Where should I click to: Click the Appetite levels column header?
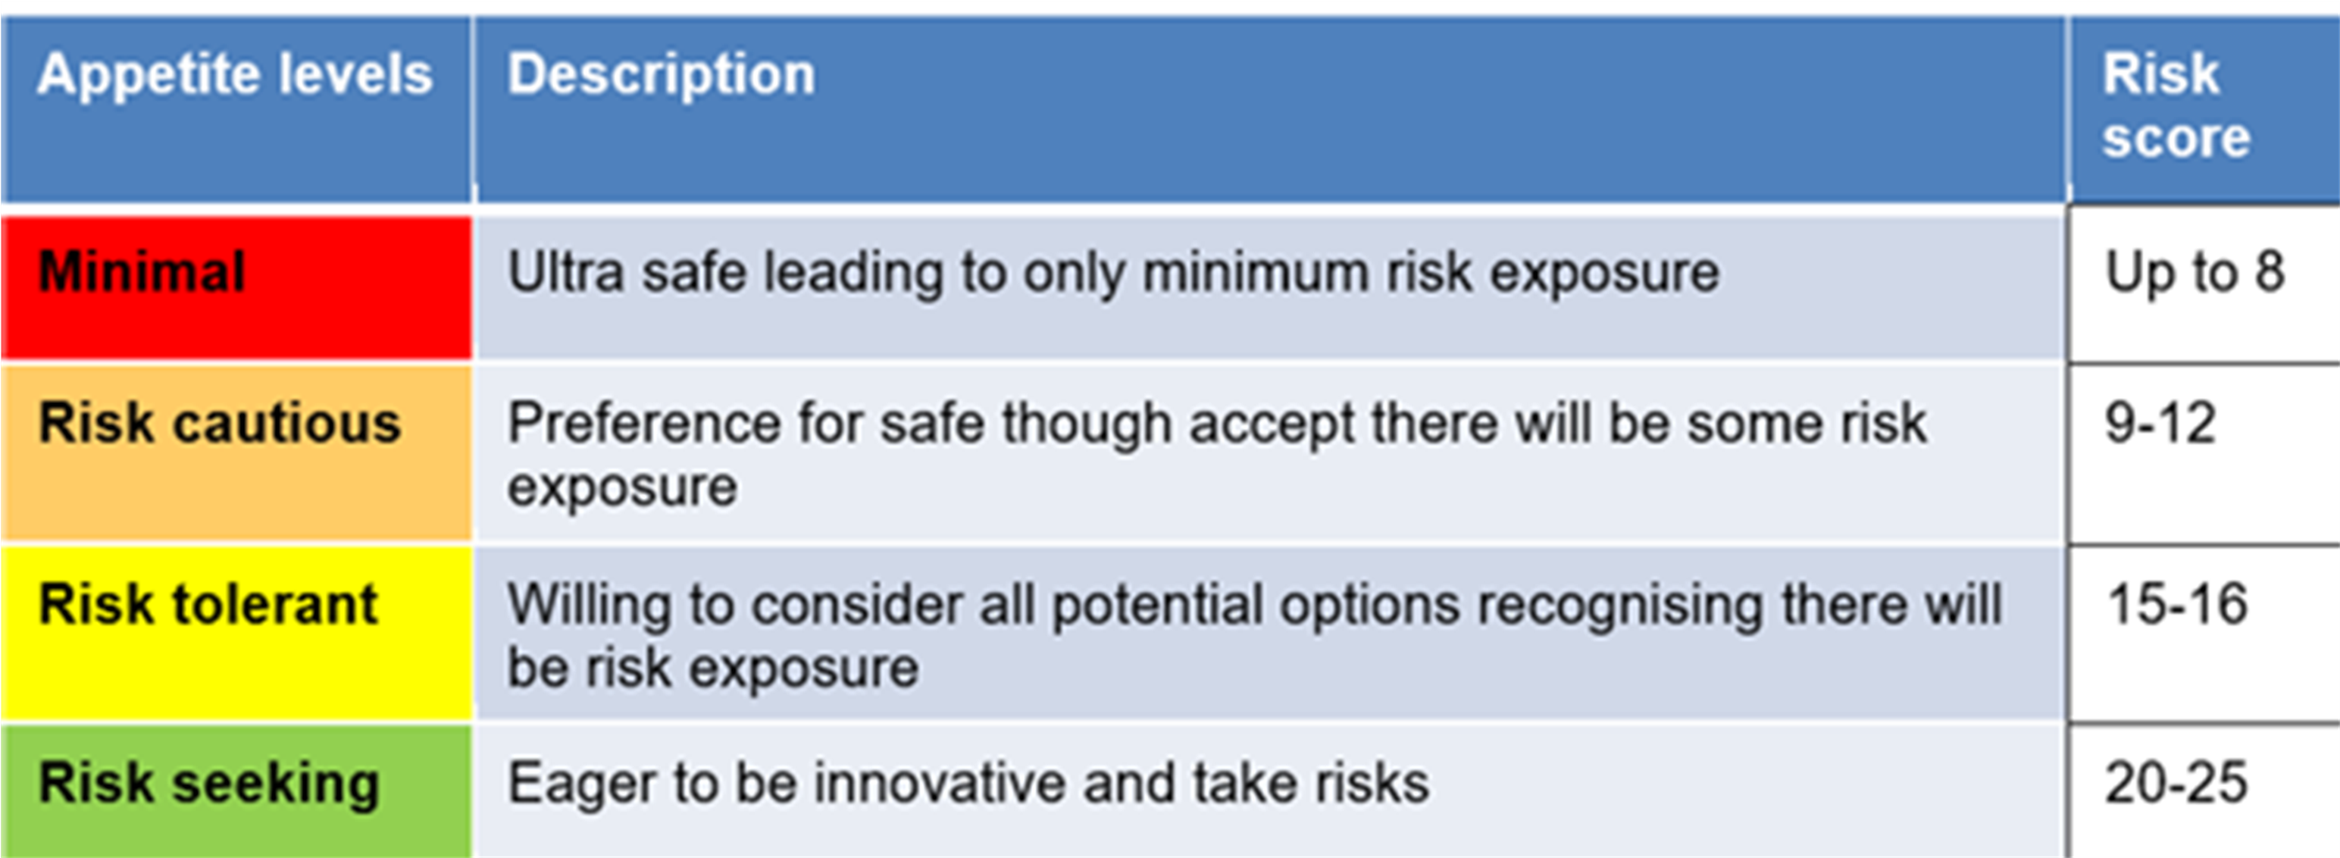click(x=234, y=74)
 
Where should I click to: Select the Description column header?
click(x=662, y=74)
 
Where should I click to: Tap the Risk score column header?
click(x=2176, y=105)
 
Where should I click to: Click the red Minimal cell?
click(x=236, y=287)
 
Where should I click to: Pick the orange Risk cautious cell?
click(x=236, y=452)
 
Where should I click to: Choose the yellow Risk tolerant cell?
click(x=236, y=633)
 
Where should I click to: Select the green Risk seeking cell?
click(x=236, y=791)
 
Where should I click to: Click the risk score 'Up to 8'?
click(x=2195, y=273)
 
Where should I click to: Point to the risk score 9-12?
click(x=2160, y=423)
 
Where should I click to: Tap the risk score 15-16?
click(x=2177, y=603)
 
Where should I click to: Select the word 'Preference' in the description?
click(x=643, y=424)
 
